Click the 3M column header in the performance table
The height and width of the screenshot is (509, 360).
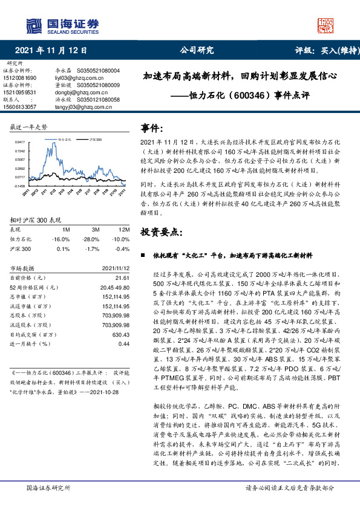(x=96, y=230)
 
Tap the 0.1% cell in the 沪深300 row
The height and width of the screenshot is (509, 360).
(x=62, y=248)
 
